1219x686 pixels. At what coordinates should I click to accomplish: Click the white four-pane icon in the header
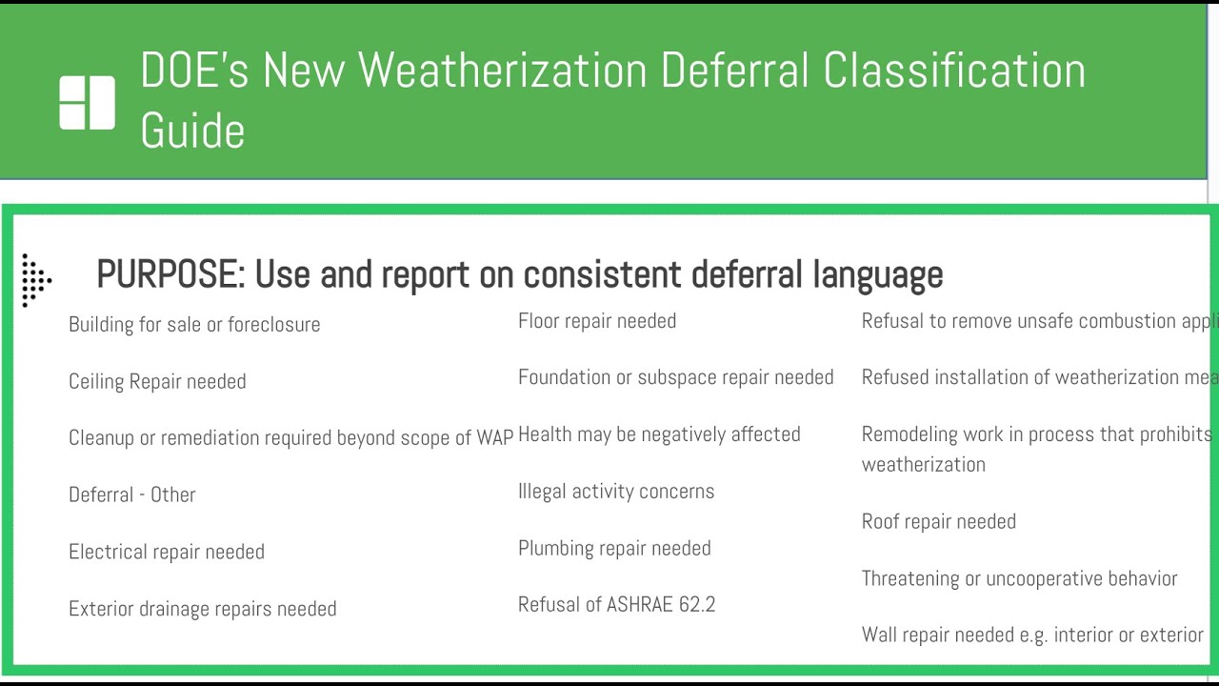click(x=87, y=102)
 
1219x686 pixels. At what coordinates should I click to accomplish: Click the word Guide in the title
click(x=192, y=131)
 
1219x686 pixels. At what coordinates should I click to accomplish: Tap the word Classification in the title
click(x=954, y=71)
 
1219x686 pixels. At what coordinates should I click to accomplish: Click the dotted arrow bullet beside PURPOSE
click(x=35, y=280)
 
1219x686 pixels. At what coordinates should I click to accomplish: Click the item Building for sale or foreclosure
click(x=194, y=324)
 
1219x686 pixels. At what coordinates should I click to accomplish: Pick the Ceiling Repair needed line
click(x=157, y=381)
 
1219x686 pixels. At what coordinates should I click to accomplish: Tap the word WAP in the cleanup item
click(x=494, y=437)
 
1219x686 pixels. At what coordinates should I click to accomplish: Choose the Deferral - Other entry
click(x=132, y=494)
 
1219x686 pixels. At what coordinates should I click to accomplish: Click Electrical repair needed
click(x=167, y=552)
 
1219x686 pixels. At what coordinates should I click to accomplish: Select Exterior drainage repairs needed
click(x=202, y=609)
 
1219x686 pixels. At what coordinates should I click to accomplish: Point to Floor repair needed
click(x=597, y=321)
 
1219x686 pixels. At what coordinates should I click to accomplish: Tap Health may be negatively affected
click(x=659, y=434)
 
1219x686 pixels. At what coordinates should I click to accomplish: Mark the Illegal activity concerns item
click(x=616, y=492)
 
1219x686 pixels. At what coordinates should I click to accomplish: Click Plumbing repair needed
click(x=614, y=548)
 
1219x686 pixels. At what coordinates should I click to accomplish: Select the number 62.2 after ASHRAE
click(x=697, y=605)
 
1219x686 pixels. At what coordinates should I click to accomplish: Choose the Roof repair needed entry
click(x=938, y=521)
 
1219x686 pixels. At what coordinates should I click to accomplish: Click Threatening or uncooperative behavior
click(x=1019, y=578)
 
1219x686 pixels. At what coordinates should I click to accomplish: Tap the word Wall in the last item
click(x=881, y=635)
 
